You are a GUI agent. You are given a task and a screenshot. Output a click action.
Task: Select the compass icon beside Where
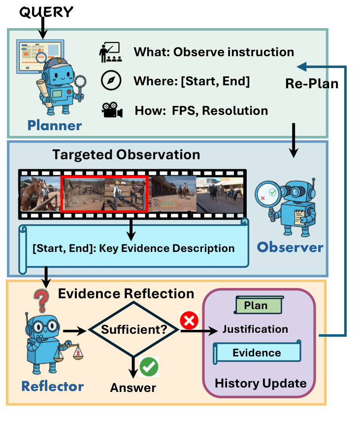(111, 81)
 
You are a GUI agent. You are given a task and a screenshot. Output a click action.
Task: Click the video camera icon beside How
(112, 110)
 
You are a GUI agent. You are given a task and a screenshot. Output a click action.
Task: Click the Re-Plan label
(312, 84)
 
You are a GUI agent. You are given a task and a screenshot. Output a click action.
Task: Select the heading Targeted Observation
(126, 155)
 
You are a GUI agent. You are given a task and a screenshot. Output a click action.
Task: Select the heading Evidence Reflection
(126, 294)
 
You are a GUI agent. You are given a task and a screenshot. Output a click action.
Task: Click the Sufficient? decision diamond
(132, 328)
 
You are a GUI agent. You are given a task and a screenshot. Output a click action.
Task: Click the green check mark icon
(149, 367)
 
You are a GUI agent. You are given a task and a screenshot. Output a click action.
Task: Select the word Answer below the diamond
(133, 388)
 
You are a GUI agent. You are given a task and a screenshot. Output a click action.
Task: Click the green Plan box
(256, 306)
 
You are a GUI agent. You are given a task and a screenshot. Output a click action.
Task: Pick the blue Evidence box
(257, 352)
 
